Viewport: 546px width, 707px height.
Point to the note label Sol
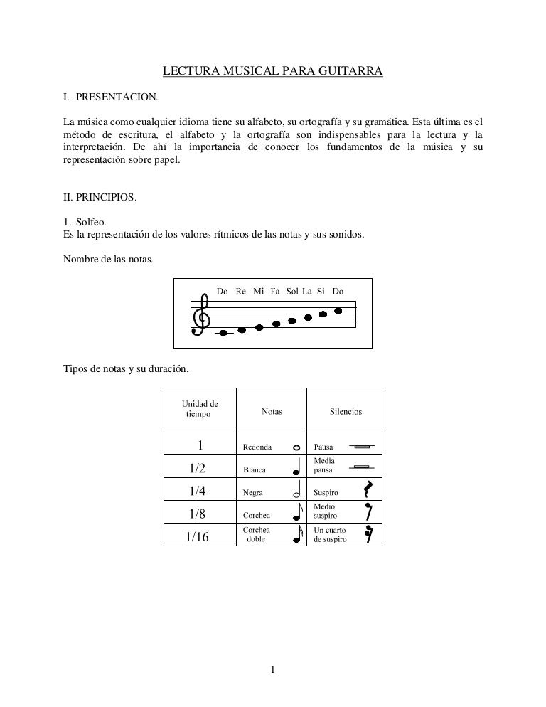(x=292, y=292)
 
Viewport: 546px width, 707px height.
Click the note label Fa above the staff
(x=275, y=292)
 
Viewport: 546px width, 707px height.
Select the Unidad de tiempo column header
(x=200, y=409)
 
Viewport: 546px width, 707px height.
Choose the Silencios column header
(x=346, y=411)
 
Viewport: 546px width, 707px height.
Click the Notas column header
(x=272, y=411)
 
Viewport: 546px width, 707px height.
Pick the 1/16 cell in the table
(x=198, y=537)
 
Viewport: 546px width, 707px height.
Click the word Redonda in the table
(x=257, y=447)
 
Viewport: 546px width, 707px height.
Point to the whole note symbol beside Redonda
(x=296, y=447)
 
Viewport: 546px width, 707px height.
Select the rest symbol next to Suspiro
(x=367, y=489)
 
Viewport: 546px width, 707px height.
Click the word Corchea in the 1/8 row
(x=256, y=515)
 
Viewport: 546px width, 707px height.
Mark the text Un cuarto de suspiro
(x=331, y=535)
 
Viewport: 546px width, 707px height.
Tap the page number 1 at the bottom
(x=273, y=669)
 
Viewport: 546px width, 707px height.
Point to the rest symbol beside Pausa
(x=361, y=447)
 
